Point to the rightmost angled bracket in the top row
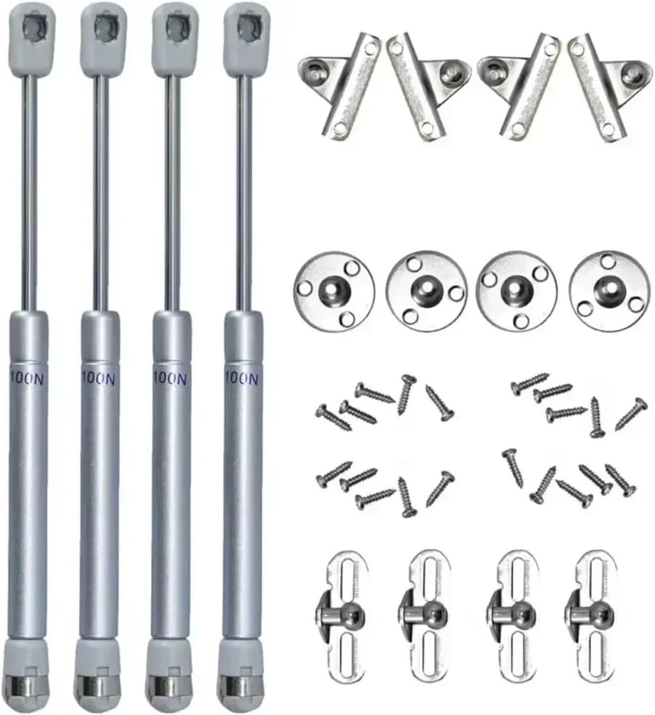click(x=609, y=88)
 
